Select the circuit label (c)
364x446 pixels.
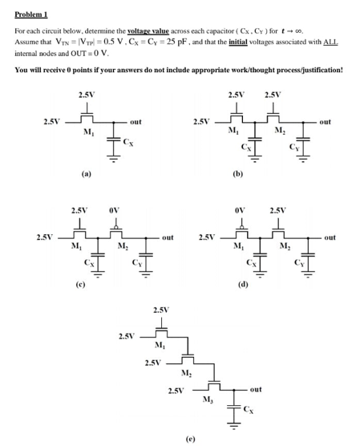(81, 282)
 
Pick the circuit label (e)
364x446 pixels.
(189, 439)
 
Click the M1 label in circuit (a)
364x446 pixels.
(86, 133)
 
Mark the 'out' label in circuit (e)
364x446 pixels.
(255, 389)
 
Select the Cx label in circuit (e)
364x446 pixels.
(249, 411)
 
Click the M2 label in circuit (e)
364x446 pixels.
(185, 373)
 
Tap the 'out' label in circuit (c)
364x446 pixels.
(167, 237)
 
